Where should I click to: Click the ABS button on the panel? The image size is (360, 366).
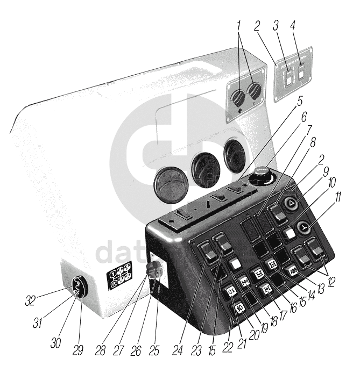[x=293, y=270]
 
